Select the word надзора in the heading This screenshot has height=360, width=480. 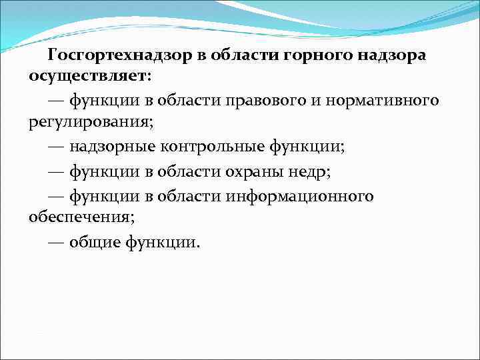(x=393, y=55)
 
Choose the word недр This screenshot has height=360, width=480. (x=313, y=171)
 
